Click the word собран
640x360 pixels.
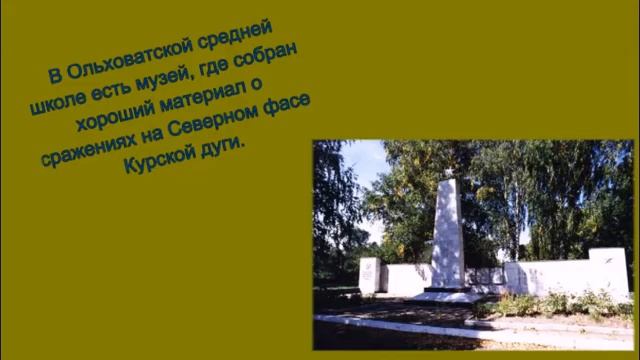click(x=263, y=65)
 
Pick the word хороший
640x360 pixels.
click(x=109, y=123)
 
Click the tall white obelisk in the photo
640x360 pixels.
click(x=447, y=235)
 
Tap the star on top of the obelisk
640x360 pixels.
click(x=447, y=173)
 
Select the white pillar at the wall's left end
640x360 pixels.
click(x=369, y=275)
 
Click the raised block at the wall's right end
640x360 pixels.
click(x=609, y=268)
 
